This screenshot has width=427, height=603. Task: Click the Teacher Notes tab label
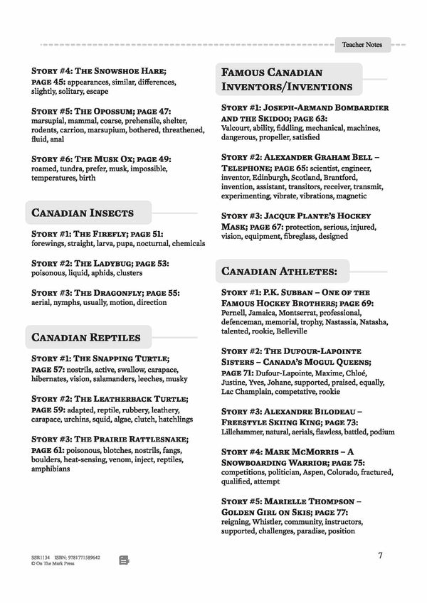pyautogui.click(x=362, y=44)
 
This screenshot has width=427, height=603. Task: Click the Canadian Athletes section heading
pyautogui.click(x=274, y=271)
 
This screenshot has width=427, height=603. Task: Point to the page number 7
pyautogui.click(x=380, y=555)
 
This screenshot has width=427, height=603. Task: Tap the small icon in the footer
pyautogui.click(x=124, y=560)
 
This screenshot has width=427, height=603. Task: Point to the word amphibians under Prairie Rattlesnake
pyautogui.click(x=51, y=469)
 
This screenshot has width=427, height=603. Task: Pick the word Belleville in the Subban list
pyautogui.click(x=287, y=331)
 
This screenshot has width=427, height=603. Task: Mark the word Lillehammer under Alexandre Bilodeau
pyautogui.click(x=246, y=432)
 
